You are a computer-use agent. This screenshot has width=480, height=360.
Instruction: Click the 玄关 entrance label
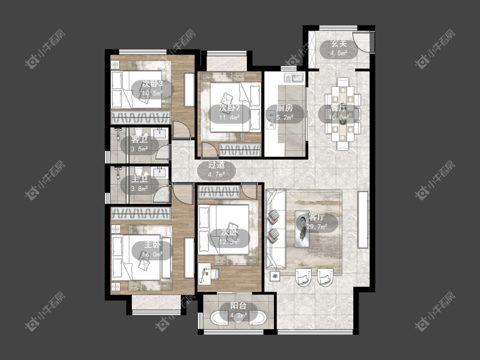click(339, 44)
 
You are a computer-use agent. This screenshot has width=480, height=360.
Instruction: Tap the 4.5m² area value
click(339, 53)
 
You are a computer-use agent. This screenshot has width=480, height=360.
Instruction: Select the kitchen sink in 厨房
click(294, 78)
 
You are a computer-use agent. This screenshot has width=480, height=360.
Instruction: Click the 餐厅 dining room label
click(338, 108)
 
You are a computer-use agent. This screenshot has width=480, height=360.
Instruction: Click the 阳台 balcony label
click(238, 306)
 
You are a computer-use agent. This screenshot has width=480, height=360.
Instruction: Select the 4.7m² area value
click(216, 174)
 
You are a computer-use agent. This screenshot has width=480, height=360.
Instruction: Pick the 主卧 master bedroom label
click(152, 245)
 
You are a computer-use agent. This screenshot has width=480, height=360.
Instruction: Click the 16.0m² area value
click(152, 254)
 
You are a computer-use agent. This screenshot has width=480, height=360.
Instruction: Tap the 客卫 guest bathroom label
click(139, 139)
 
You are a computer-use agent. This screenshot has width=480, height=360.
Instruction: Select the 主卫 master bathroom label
click(139, 179)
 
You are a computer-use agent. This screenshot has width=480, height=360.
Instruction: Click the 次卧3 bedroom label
click(152, 84)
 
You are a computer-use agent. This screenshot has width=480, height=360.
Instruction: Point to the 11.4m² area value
click(229, 117)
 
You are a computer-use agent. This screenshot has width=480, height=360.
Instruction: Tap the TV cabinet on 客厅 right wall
click(363, 220)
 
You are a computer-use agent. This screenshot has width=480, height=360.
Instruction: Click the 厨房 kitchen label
click(285, 108)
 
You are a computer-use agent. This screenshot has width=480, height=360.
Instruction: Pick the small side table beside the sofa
click(275, 276)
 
